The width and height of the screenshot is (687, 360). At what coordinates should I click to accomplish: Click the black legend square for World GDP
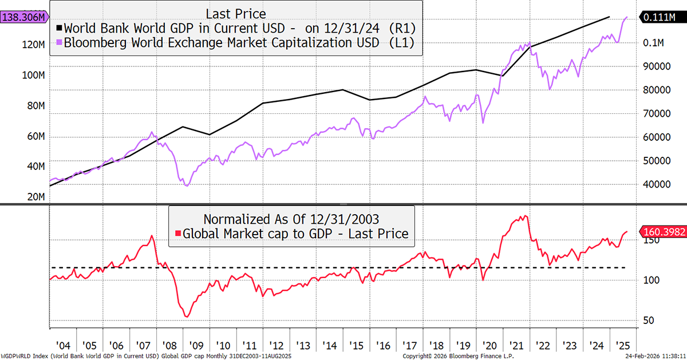click(x=58, y=27)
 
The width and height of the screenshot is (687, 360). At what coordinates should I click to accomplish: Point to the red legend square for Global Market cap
click(x=178, y=233)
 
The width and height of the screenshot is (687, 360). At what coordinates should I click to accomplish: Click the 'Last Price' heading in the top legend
click(x=236, y=13)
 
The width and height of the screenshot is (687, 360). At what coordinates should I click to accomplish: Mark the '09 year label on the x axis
click(x=196, y=346)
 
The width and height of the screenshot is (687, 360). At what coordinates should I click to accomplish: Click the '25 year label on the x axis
click(x=623, y=346)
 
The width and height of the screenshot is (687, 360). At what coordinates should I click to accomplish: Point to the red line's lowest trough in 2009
click(x=187, y=317)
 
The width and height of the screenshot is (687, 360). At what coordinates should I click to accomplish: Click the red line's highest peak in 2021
click(x=524, y=216)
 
